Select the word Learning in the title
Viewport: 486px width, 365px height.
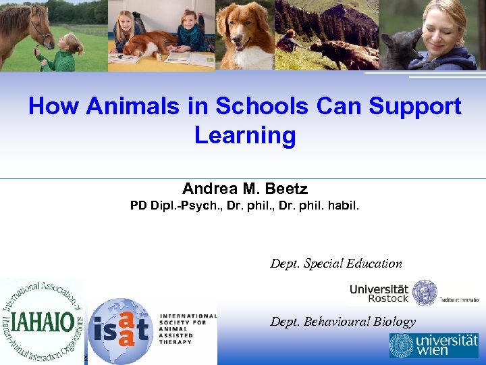[245, 135]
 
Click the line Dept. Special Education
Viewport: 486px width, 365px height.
[336, 264]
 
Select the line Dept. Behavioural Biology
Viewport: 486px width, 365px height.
[343, 322]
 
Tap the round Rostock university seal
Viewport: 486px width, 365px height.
[425, 293]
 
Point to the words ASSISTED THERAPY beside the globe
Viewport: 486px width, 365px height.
[175, 337]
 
